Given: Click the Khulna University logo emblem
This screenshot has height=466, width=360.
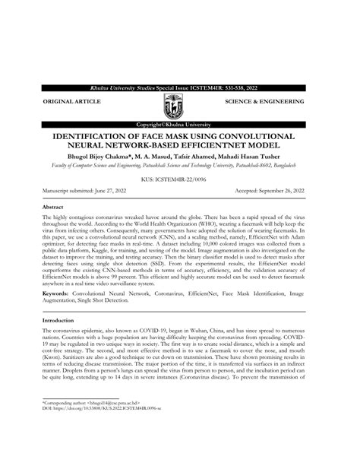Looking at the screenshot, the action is pyautogui.click(x=179, y=106).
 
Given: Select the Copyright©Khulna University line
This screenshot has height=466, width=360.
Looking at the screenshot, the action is pyautogui.click(x=179, y=123).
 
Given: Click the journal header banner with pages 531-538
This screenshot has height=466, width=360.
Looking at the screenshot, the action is pyautogui.click(x=179, y=89).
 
